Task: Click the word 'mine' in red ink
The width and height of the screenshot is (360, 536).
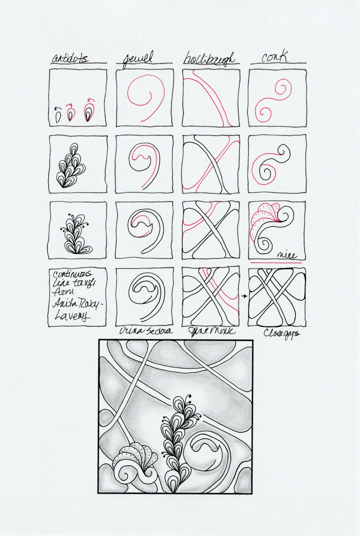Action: (287, 255)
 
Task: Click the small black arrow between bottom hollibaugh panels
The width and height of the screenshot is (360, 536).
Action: (244, 296)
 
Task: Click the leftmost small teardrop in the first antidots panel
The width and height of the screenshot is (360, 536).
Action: (58, 116)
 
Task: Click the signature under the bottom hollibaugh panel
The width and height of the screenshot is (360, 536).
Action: (212, 332)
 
